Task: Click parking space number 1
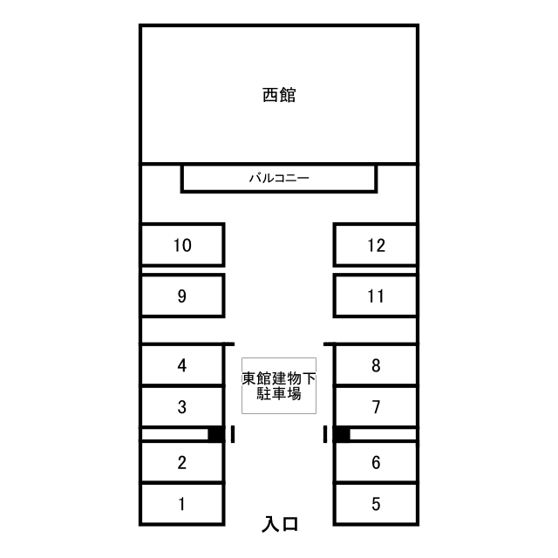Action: click(182, 504)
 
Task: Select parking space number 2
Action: click(182, 462)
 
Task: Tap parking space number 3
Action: click(182, 406)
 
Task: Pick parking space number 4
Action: click(182, 364)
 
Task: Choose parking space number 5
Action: click(376, 504)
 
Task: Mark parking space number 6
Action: click(376, 462)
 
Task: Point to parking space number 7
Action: click(376, 406)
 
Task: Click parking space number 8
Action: click(376, 364)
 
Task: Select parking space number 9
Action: click(182, 296)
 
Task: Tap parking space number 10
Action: click(182, 245)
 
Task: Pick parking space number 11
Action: click(376, 296)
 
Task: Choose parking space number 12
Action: click(376, 245)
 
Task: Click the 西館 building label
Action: click(279, 95)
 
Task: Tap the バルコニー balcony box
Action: click(279, 178)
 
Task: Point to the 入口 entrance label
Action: click(280, 524)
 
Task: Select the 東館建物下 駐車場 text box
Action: click(279, 385)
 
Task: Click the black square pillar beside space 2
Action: click(216, 434)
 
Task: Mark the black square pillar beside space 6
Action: click(342, 434)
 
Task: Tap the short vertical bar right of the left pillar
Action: click(233, 434)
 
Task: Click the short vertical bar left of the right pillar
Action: click(325, 434)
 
